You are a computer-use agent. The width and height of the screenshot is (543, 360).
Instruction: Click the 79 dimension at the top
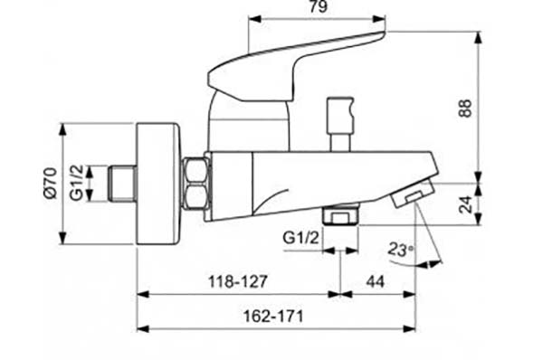[318, 6]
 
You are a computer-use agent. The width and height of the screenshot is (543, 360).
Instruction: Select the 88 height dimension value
[466, 109]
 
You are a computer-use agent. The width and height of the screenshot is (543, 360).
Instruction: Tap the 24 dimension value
[466, 204]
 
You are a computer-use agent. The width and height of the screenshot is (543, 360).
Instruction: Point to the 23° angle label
[401, 249]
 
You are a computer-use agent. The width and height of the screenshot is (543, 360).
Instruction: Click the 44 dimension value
[376, 282]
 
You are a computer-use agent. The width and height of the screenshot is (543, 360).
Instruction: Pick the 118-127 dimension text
[238, 281]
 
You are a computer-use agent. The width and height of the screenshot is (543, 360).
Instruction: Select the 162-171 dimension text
[273, 316]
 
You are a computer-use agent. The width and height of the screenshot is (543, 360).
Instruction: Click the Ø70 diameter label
[51, 183]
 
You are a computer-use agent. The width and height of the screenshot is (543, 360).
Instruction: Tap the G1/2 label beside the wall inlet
[77, 183]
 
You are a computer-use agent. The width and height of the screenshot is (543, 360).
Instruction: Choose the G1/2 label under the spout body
[300, 238]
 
